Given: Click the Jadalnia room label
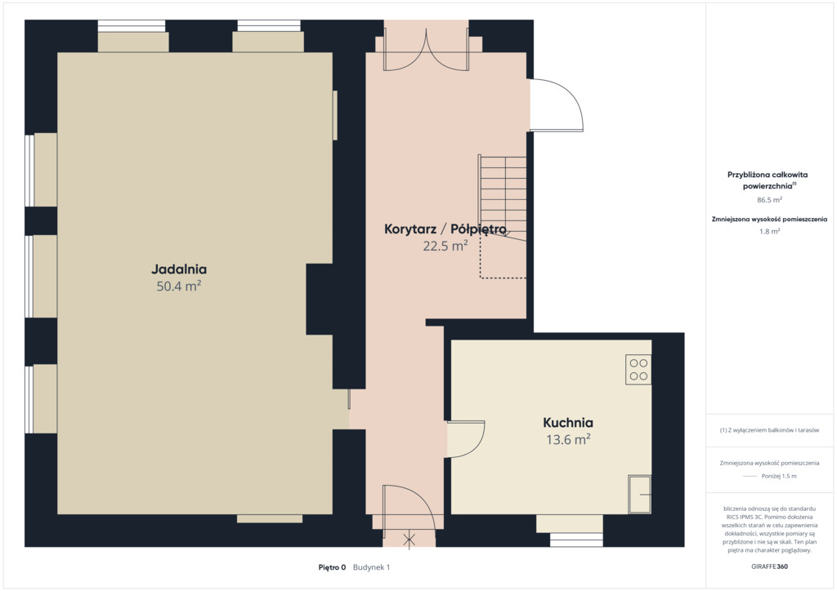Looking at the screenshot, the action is (x=179, y=269).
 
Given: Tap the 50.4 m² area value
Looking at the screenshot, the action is (x=179, y=287).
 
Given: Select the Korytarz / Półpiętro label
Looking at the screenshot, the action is (x=445, y=229).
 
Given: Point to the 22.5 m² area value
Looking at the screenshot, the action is (x=445, y=246).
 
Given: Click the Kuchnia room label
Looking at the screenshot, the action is (x=568, y=423).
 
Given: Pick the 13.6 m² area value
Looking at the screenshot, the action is (x=568, y=440).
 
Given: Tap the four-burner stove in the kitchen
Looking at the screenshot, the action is (x=638, y=369).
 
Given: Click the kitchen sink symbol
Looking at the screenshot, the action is (x=639, y=494).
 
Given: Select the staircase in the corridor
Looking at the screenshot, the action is (x=503, y=198).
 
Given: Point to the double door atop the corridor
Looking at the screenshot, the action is (x=426, y=50).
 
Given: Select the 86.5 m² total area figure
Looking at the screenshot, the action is (x=769, y=200).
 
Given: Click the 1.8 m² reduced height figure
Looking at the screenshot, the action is (x=769, y=231).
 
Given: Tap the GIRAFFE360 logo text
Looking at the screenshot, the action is (x=769, y=567).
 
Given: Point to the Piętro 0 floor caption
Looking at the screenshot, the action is (x=332, y=567).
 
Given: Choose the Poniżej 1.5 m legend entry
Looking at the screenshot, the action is (x=779, y=476).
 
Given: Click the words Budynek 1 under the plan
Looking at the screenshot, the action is (x=372, y=567).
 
